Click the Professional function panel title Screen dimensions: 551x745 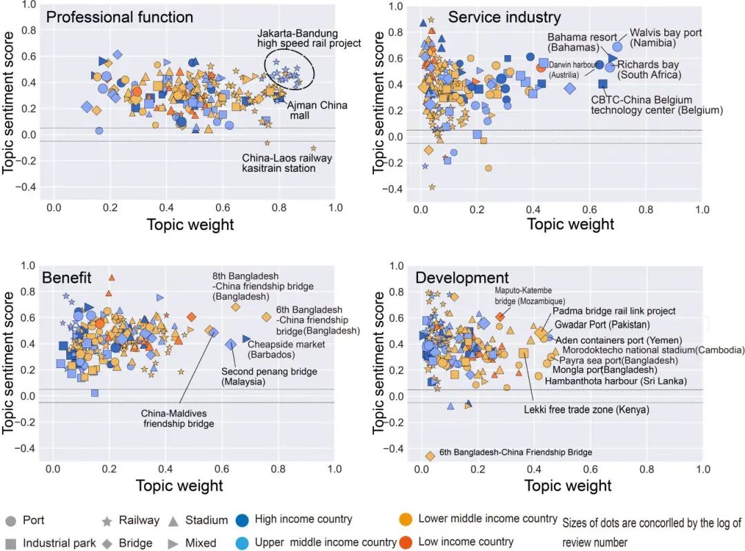(x=119, y=17)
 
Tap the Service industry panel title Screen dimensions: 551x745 (x=504, y=17)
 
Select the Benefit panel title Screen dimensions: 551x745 (x=67, y=278)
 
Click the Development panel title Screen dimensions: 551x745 (x=462, y=278)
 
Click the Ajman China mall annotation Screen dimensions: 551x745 (x=317, y=111)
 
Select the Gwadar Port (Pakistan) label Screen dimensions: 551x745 (x=602, y=325)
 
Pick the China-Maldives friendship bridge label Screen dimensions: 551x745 (x=178, y=418)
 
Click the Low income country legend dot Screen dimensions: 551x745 (x=407, y=541)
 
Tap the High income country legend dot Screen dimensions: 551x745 (x=243, y=519)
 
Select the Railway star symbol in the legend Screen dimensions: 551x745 (x=107, y=521)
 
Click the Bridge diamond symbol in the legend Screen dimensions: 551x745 (x=107, y=543)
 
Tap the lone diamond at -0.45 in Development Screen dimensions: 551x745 (x=430, y=456)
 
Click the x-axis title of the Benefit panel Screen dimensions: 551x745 (x=179, y=485)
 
